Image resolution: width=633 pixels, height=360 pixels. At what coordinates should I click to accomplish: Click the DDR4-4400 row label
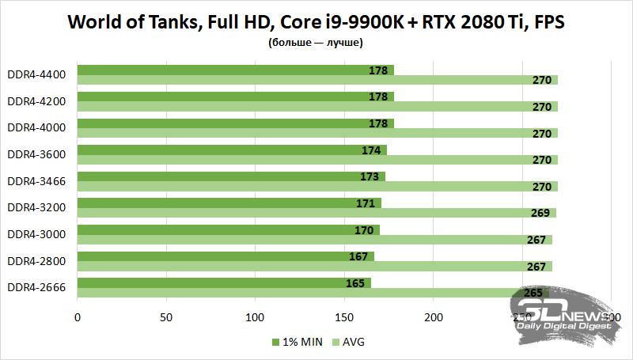[36, 75]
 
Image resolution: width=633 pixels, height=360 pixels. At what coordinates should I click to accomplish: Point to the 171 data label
[366, 203]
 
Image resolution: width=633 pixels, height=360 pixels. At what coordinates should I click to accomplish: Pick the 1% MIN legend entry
[296, 343]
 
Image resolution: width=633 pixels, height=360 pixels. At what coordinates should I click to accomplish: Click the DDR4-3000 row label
[36, 234]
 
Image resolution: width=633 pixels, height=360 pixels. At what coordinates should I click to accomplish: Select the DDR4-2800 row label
[36, 260]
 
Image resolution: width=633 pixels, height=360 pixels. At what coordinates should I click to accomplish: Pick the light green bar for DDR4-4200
[316, 107]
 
